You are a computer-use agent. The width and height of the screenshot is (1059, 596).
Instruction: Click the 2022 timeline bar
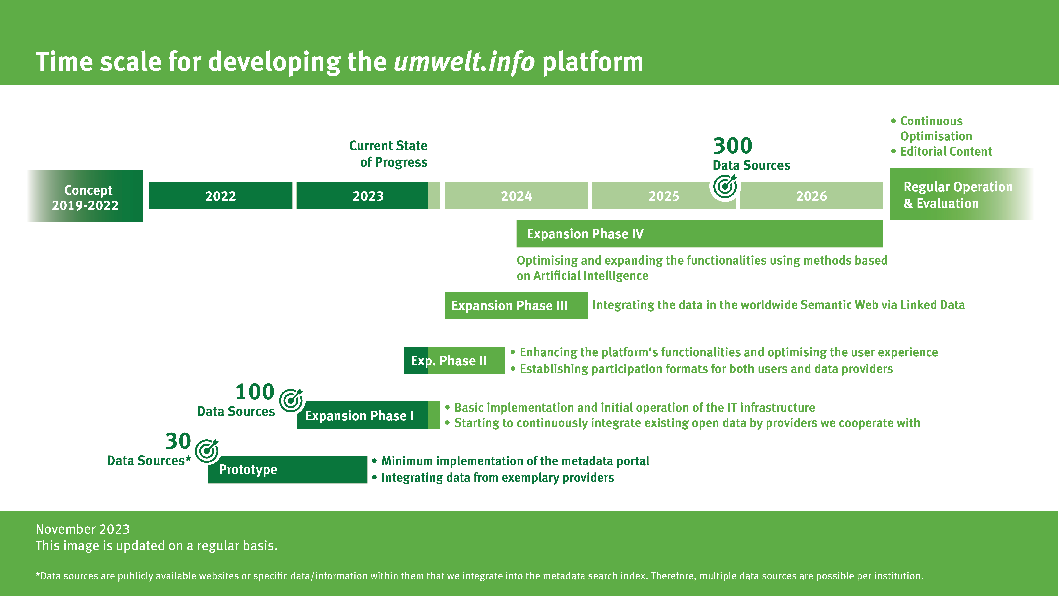point(220,196)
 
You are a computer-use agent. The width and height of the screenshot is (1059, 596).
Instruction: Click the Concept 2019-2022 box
point(85,197)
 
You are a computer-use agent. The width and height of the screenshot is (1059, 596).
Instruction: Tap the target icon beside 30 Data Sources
point(207,451)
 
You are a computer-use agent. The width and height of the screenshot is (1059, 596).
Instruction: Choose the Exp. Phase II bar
point(454,361)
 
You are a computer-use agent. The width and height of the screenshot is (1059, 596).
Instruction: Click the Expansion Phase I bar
point(368,415)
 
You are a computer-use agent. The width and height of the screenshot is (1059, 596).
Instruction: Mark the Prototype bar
point(287,469)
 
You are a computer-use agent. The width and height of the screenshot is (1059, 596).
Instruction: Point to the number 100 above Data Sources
point(255,392)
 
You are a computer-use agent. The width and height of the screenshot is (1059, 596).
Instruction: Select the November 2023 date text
point(83,529)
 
